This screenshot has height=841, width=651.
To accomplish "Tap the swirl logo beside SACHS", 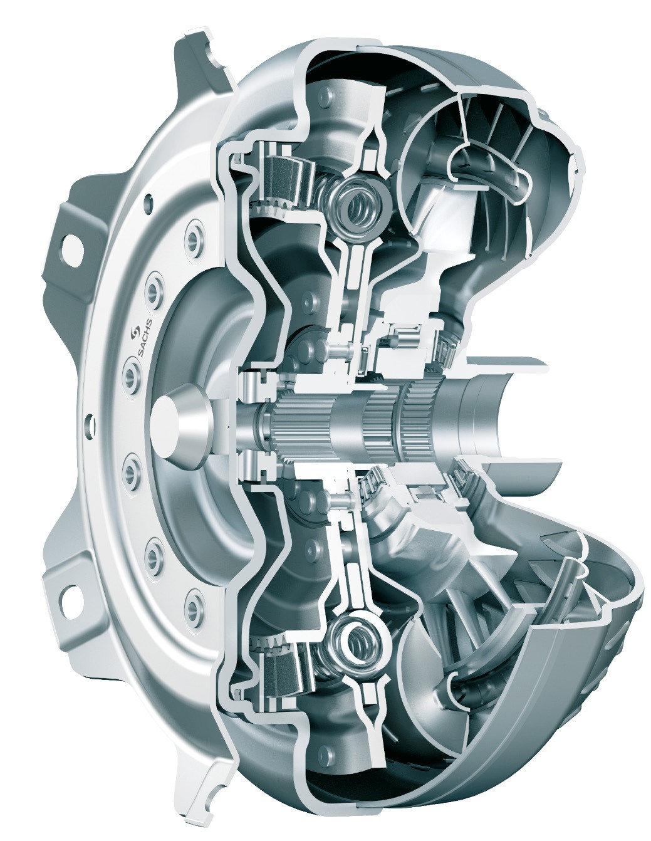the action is [x=136, y=331].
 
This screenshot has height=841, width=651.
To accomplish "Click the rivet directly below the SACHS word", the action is [x=132, y=373].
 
